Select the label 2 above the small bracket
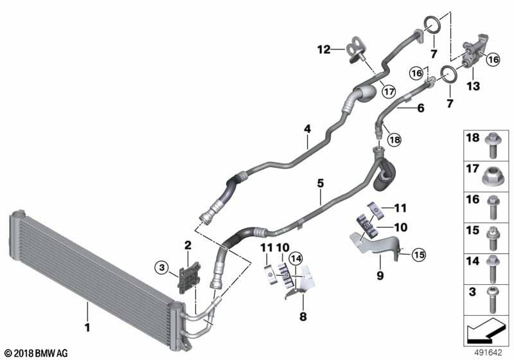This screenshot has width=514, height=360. coord(188,245)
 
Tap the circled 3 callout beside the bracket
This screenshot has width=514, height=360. coord(162,267)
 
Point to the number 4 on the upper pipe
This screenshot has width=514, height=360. coord(308,129)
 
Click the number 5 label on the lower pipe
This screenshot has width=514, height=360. coord(320,184)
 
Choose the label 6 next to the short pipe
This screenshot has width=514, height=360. coord(421,109)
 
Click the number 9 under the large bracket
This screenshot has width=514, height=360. coord(380,275)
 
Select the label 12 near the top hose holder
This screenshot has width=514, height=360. coord(323,50)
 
